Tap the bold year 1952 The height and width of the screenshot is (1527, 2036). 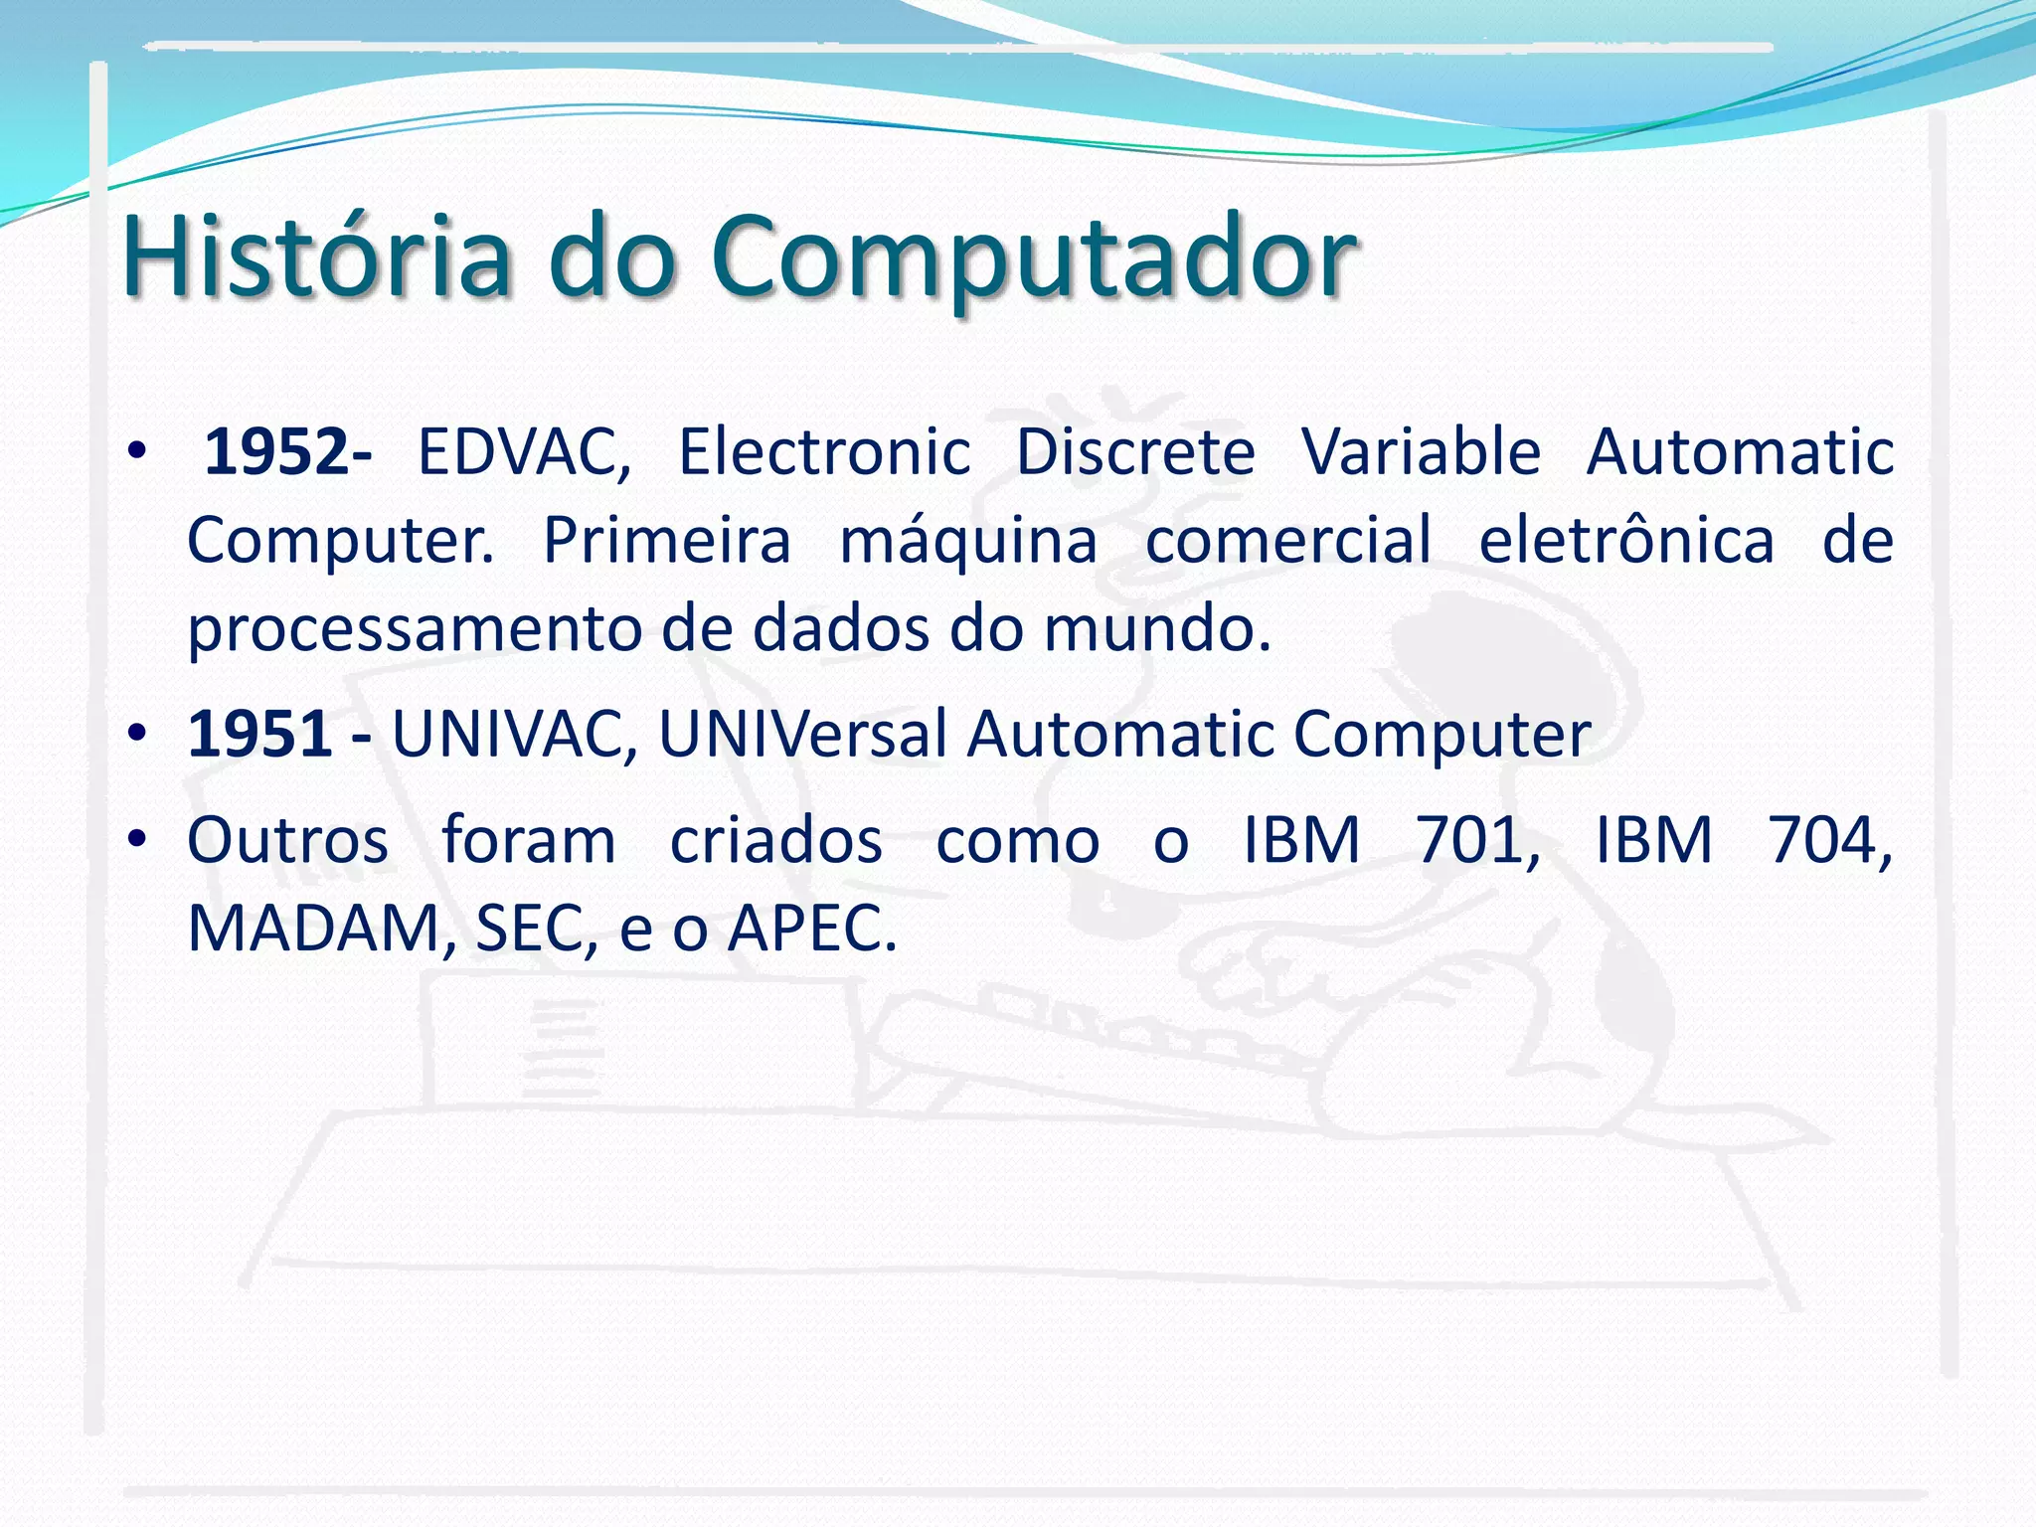[x=276, y=452]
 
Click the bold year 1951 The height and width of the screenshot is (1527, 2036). [x=259, y=734]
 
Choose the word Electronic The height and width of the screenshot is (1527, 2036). [x=824, y=452]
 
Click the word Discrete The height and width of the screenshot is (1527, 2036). [x=1135, y=452]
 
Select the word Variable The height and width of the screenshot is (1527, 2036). [x=1422, y=452]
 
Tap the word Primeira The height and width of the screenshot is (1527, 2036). [x=667, y=541]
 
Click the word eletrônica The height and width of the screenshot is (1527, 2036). [x=1626, y=541]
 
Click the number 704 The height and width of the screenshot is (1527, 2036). [x=1827, y=841]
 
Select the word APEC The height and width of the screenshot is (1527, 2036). [x=810, y=930]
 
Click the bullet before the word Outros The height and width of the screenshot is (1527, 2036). [x=137, y=839]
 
